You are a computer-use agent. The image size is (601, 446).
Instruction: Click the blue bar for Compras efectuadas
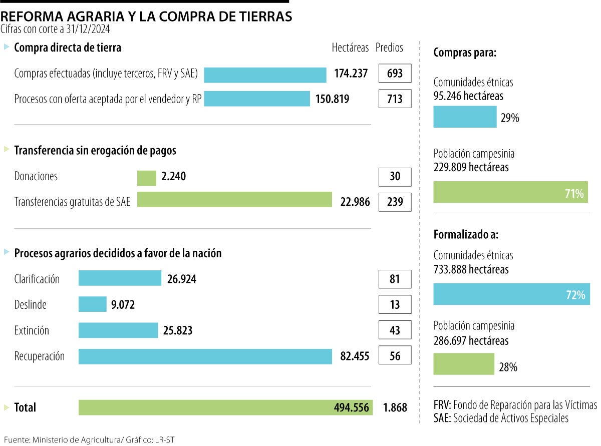click(x=265, y=75)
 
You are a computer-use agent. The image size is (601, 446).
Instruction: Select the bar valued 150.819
click(x=257, y=99)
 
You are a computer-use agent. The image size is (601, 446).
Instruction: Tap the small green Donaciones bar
click(x=147, y=178)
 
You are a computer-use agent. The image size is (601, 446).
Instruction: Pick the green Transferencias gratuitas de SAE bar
click(x=234, y=200)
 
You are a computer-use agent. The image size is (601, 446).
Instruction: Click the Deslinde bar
click(x=93, y=304)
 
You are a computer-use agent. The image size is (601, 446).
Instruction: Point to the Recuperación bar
click(x=205, y=356)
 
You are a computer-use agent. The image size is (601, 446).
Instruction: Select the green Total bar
click(x=225, y=407)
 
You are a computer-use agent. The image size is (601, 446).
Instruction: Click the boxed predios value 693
click(x=395, y=74)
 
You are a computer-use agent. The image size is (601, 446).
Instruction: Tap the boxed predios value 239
click(x=395, y=202)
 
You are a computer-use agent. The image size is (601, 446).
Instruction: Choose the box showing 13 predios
click(x=395, y=304)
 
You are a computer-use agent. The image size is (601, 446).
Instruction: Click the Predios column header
click(x=389, y=48)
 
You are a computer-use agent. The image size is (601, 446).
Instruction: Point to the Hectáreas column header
click(x=350, y=48)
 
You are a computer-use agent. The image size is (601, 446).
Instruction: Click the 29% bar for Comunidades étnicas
click(x=465, y=117)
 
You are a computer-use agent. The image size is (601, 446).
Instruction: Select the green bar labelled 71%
click(x=510, y=192)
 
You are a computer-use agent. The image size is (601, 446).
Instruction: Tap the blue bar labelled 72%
click(x=510, y=294)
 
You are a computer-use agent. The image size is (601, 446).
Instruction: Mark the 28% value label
click(x=508, y=367)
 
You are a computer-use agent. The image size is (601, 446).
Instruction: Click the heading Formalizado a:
click(x=466, y=234)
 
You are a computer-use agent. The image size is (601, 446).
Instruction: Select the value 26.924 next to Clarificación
click(x=182, y=279)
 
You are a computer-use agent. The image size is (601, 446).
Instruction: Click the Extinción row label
click(x=32, y=330)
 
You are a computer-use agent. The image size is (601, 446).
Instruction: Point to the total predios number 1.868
click(x=395, y=407)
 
